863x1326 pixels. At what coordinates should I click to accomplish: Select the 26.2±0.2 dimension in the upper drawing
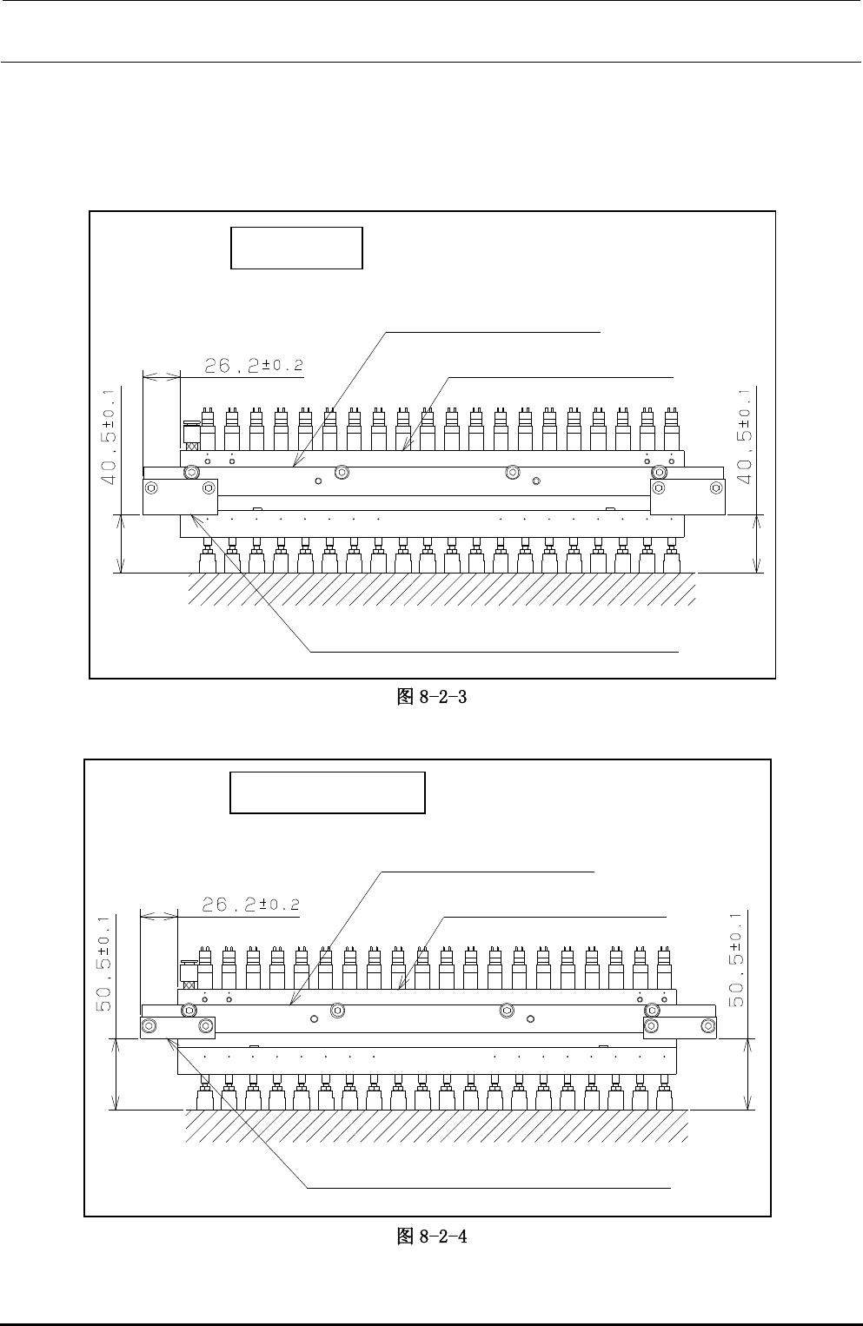[x=254, y=366]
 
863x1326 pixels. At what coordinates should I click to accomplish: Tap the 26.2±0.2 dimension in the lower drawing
[x=250, y=905]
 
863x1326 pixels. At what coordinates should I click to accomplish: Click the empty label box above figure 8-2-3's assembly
[x=296, y=248]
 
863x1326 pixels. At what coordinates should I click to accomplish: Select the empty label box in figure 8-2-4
[x=328, y=792]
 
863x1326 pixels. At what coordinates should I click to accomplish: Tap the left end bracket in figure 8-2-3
[x=179, y=496]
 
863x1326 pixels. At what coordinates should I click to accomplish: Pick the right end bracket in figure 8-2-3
[x=687, y=496]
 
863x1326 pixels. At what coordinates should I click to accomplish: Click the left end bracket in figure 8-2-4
[x=177, y=1027]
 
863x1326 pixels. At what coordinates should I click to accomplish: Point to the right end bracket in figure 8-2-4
[x=680, y=1027]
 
